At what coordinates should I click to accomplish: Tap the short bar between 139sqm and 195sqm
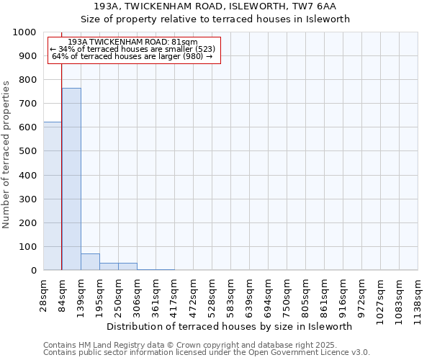90,262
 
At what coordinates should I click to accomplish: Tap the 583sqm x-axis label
230,294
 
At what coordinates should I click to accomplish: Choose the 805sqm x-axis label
305,294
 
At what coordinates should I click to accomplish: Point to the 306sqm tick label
137,294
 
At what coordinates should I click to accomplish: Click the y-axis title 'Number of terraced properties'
7,154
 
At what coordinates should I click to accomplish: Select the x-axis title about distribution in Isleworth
234,326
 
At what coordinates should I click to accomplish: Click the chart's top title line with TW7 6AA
215,6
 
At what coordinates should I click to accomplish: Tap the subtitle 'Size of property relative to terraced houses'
215,19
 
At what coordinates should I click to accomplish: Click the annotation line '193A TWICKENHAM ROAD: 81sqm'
132,42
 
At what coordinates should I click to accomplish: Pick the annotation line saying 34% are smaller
132,49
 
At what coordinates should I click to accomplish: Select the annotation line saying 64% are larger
132,56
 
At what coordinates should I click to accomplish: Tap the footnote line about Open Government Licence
206,352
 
